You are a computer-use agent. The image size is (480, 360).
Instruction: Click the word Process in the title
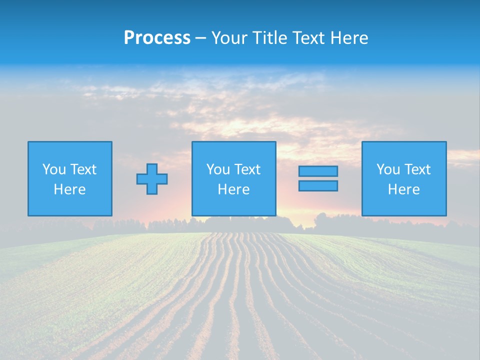[x=157, y=38]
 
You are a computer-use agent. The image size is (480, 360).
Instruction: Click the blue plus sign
[x=152, y=179]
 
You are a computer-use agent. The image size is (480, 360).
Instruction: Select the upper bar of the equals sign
[x=318, y=171]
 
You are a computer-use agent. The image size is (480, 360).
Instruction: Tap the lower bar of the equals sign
[x=318, y=186]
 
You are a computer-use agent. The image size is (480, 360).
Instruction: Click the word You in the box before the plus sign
[x=54, y=169]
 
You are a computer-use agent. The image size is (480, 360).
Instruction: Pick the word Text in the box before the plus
[x=83, y=169]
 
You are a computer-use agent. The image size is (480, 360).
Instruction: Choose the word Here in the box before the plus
[x=69, y=189]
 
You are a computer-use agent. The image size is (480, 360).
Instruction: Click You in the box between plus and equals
[x=218, y=169]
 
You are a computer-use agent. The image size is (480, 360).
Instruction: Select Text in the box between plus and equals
[x=247, y=169]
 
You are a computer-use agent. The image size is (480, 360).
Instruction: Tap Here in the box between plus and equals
[x=233, y=189]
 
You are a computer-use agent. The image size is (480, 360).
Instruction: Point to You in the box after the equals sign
[x=388, y=169]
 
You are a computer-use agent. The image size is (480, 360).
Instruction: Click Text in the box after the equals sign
[x=417, y=169]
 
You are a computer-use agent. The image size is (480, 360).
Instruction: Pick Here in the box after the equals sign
[x=403, y=189]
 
